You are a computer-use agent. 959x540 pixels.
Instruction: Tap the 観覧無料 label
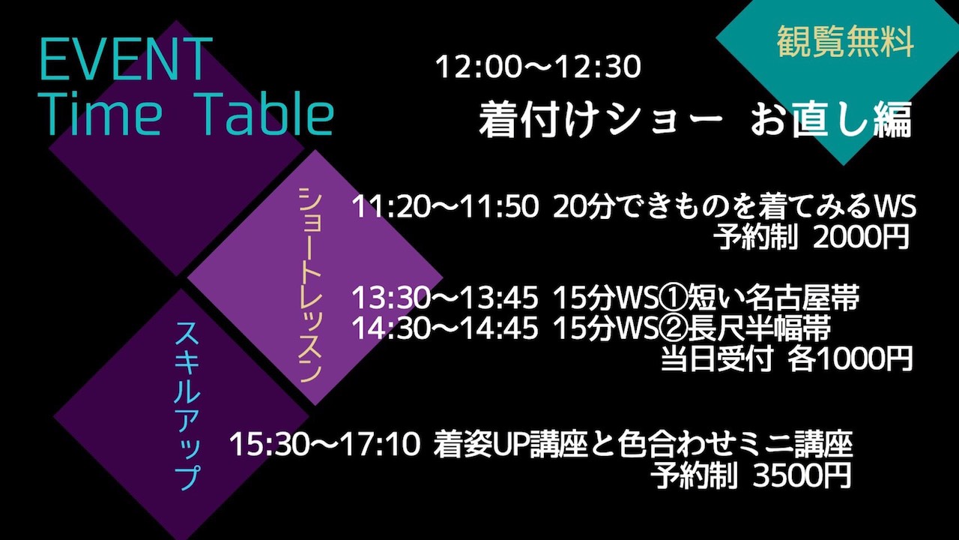pyautogui.click(x=846, y=41)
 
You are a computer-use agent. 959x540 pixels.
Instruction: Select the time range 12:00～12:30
pyautogui.click(x=538, y=67)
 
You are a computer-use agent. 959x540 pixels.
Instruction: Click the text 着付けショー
pyautogui.click(x=600, y=121)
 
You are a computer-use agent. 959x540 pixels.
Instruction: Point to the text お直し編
pyautogui.click(x=832, y=121)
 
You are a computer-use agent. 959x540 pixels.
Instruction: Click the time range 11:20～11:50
pyautogui.click(x=445, y=207)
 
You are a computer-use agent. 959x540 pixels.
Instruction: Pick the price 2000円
pyautogui.click(x=861, y=236)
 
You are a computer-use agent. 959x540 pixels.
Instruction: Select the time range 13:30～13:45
pyautogui.click(x=445, y=298)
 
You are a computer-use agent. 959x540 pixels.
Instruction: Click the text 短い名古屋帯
pyautogui.click(x=774, y=298)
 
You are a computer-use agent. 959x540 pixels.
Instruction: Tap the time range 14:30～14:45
pyautogui.click(x=445, y=328)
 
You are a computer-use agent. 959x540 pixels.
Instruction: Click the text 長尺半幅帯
pyautogui.click(x=759, y=328)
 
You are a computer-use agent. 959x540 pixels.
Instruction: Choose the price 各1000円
pyautogui.click(x=850, y=358)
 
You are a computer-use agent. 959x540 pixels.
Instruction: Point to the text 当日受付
pyautogui.click(x=717, y=358)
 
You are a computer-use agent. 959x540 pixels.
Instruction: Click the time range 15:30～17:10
pyautogui.click(x=325, y=445)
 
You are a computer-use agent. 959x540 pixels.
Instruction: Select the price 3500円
pyautogui.click(x=802, y=475)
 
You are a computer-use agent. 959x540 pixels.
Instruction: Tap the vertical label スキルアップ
pyautogui.click(x=187, y=406)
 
